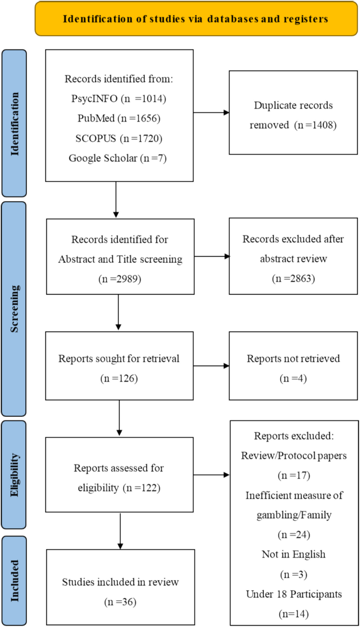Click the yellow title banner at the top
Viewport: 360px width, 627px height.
[x=196, y=19]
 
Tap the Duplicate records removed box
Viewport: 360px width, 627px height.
[x=293, y=112]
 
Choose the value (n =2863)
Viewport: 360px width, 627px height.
[x=293, y=279]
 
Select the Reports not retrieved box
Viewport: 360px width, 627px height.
[x=293, y=366]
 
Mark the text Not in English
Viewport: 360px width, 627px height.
[x=293, y=554]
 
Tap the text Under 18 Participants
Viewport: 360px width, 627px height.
[x=293, y=594]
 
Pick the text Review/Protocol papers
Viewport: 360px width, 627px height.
[x=293, y=455]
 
